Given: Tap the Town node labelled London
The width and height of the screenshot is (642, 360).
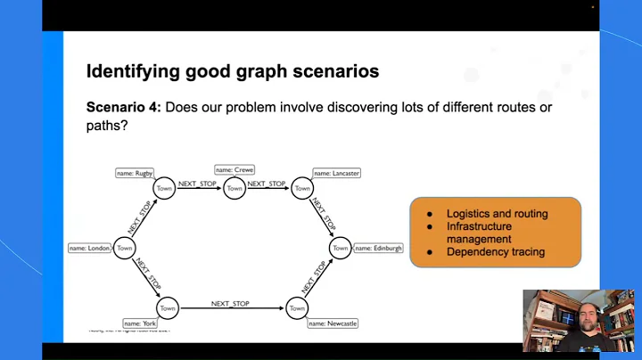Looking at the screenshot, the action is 125,249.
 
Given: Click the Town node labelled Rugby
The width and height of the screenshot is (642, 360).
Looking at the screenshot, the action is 164,188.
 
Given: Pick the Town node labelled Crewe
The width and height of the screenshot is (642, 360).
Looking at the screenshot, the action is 235,188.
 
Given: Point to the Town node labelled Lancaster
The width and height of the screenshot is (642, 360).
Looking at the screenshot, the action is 302,188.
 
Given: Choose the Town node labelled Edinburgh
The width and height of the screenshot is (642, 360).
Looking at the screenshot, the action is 340,249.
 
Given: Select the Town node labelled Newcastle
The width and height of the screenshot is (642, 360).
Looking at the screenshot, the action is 297,308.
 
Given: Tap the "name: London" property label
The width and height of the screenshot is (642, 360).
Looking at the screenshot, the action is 90,249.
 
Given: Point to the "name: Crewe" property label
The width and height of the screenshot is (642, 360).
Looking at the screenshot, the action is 235,169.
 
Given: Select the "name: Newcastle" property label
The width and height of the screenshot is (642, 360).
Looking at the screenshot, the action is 332,324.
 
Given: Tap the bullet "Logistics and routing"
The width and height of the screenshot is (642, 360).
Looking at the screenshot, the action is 497,214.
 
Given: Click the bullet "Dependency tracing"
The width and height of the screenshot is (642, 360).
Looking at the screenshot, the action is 495,252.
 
